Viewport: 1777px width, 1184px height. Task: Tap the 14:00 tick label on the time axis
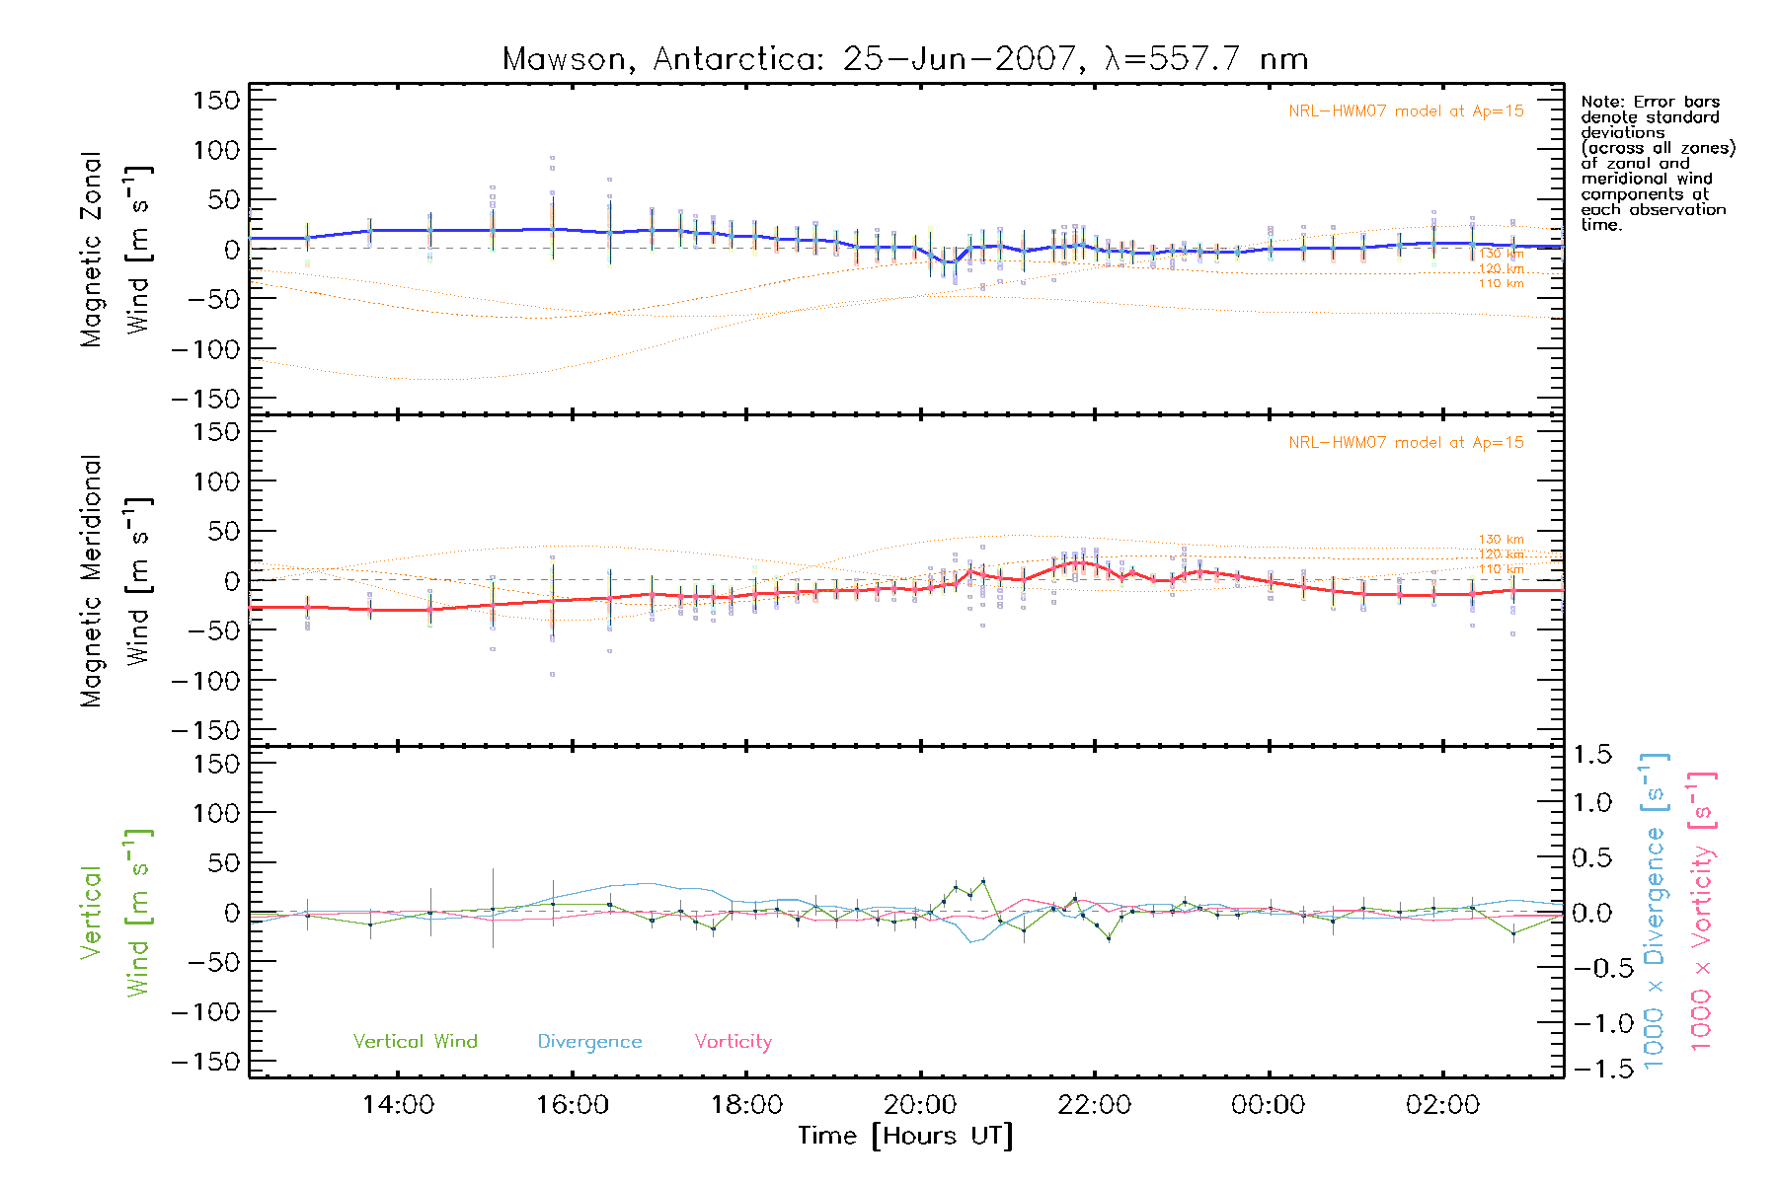[x=398, y=1104]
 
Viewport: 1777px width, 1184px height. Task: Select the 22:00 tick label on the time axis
[x=1094, y=1104]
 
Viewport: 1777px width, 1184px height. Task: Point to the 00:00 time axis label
[x=1268, y=1104]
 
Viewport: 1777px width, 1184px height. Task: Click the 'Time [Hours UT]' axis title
[x=905, y=1136]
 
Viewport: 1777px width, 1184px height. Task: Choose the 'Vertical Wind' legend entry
[x=415, y=1041]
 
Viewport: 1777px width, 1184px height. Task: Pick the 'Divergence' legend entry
[x=589, y=1041]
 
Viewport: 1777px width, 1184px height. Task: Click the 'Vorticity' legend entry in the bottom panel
[x=733, y=1041]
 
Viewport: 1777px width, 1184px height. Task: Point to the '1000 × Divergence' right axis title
[x=1654, y=911]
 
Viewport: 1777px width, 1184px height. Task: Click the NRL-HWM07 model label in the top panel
[x=1406, y=111]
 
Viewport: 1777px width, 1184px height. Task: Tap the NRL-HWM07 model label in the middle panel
[x=1406, y=442]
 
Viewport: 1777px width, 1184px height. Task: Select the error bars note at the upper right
[x=1657, y=163]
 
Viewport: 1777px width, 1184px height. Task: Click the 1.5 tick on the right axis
[x=1591, y=755]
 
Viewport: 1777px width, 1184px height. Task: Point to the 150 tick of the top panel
[x=216, y=100]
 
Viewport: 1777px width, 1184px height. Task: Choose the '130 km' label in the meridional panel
[x=1501, y=539]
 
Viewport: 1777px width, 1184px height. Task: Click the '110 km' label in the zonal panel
[x=1501, y=283]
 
